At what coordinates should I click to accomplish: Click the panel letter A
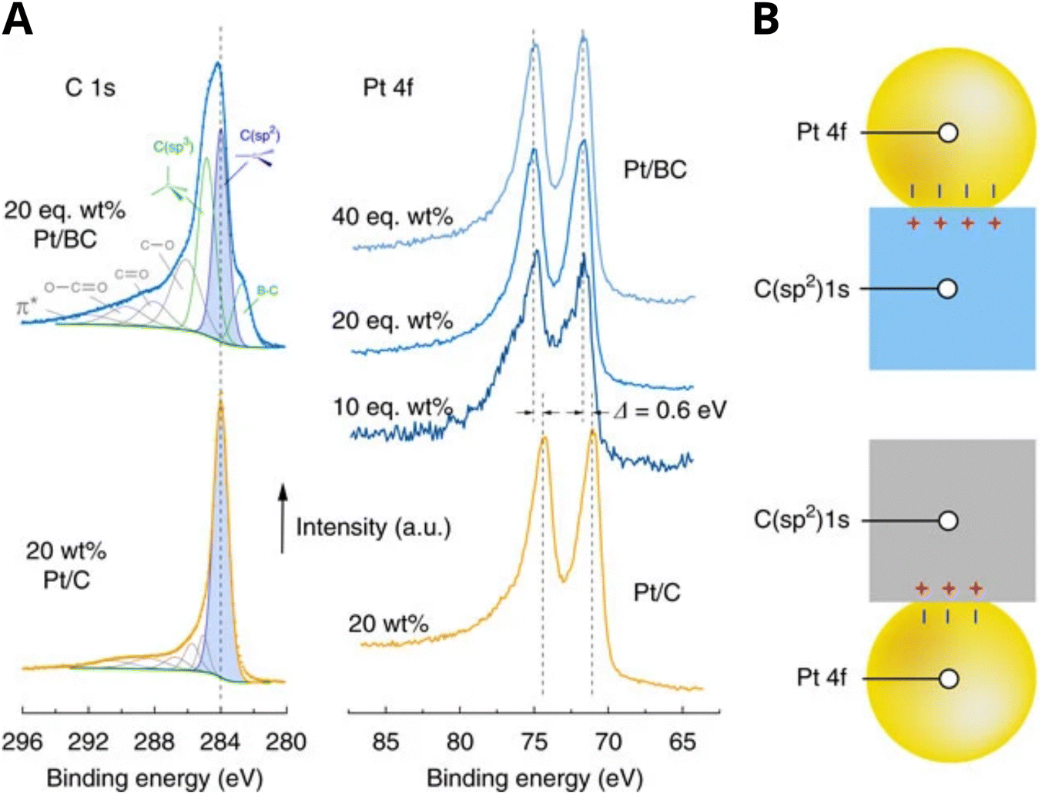tap(18, 20)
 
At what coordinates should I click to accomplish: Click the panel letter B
tap(766, 20)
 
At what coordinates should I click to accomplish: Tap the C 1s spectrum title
tap(90, 88)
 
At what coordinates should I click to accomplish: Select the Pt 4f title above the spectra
tap(388, 88)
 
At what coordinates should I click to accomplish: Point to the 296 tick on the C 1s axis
tap(22, 742)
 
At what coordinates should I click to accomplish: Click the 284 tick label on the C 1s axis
tap(220, 742)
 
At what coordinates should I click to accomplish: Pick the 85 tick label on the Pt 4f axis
tap(386, 742)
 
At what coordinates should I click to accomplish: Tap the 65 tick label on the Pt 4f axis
tap(682, 742)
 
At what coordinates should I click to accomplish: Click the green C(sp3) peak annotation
tap(173, 146)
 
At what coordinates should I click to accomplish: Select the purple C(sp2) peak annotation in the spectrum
tap(260, 136)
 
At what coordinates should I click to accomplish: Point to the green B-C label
tap(267, 290)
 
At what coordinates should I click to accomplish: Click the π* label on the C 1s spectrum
tap(28, 307)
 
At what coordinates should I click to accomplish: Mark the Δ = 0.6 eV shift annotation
tap(670, 410)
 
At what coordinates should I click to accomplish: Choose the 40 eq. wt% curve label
tap(392, 217)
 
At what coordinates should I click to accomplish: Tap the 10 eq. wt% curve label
tap(392, 407)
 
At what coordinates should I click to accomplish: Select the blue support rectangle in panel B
tap(952, 323)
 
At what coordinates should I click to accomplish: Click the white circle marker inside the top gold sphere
tap(949, 132)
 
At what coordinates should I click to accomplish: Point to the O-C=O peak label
tap(75, 287)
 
